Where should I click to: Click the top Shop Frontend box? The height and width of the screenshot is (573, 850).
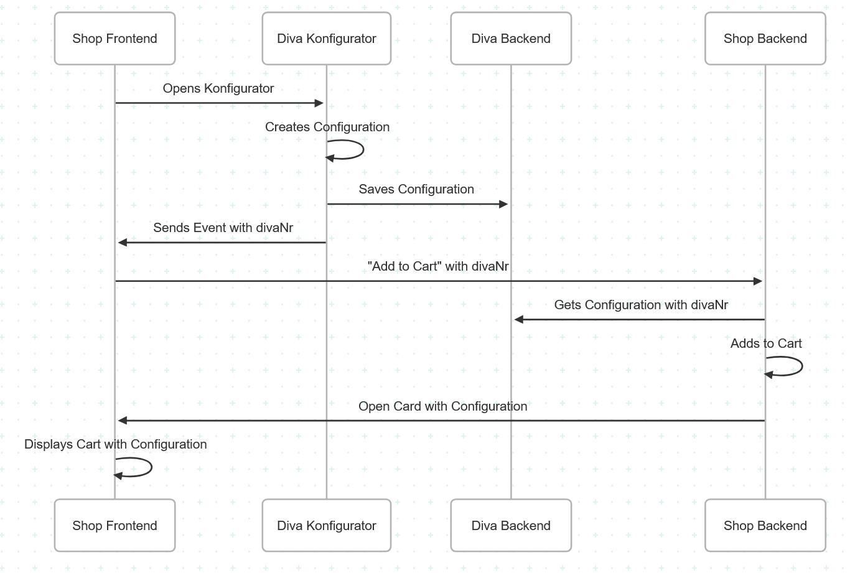114,39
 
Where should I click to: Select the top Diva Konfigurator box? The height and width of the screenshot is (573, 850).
326,39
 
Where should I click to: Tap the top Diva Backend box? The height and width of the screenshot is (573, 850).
511,39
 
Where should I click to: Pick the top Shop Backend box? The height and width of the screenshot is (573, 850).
765,39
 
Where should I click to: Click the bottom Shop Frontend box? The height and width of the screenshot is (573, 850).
114,526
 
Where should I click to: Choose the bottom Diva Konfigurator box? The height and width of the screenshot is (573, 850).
326,526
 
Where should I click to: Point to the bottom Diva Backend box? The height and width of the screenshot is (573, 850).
511,526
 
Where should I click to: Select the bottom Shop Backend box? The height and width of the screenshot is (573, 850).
765,526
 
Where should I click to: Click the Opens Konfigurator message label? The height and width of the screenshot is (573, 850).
218,88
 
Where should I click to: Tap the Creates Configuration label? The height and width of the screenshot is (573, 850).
327,127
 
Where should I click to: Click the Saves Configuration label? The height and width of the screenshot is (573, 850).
416,189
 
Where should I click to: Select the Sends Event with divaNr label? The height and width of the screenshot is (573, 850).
223,228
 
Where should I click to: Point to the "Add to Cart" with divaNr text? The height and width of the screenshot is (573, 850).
438,266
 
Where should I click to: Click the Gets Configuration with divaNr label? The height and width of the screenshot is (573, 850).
641,305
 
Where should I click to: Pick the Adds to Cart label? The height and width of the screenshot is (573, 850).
766,343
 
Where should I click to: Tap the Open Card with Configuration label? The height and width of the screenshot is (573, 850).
442,406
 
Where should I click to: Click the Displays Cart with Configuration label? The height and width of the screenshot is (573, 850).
116,444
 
